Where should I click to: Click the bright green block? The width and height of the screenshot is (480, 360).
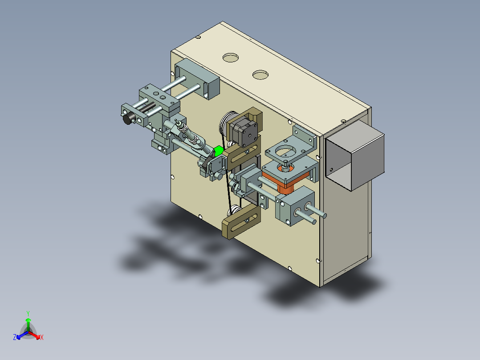pyautogui.click(x=218, y=151)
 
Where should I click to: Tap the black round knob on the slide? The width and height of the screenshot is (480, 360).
pyautogui.click(x=128, y=118)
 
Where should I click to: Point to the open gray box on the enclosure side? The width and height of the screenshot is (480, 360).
pyautogui.click(x=354, y=155)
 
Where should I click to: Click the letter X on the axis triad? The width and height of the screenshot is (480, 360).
pyautogui.click(x=42, y=337)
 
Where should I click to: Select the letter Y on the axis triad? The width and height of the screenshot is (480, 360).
pyautogui.click(x=28, y=313)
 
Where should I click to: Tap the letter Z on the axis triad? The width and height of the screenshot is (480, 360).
pyautogui.click(x=15, y=337)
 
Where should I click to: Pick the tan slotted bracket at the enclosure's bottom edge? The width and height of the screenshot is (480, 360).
pyautogui.click(x=241, y=221)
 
